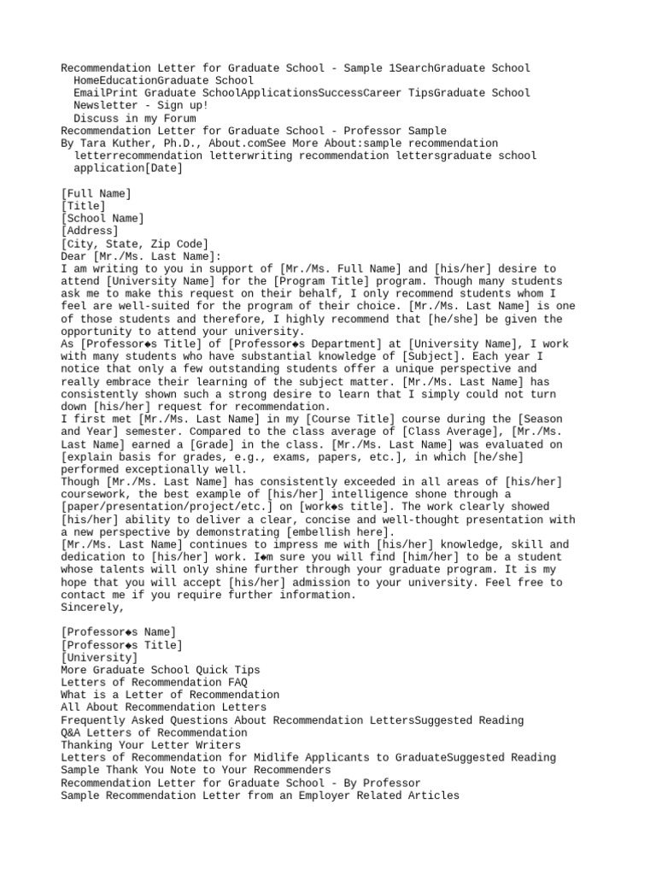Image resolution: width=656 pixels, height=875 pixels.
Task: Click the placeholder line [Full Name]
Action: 97,194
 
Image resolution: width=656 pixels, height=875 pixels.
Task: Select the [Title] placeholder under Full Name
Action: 84,206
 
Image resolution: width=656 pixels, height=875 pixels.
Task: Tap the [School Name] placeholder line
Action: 102,219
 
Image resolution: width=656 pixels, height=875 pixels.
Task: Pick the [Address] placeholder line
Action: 90,231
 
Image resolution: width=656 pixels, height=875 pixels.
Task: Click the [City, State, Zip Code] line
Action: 134,244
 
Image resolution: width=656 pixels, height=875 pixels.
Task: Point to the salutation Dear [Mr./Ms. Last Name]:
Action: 141,255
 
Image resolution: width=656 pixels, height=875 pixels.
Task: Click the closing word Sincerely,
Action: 93,608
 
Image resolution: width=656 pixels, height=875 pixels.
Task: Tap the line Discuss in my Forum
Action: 134,118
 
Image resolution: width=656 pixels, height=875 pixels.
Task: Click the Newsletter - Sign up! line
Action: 140,105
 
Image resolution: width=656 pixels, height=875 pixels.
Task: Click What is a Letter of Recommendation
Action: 170,695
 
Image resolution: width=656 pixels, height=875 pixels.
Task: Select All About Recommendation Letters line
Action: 163,708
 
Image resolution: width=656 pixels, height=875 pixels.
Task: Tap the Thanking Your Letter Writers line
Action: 151,745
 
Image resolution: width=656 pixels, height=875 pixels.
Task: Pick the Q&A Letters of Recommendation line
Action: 155,732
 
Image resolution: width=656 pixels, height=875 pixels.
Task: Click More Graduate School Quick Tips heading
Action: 161,670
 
